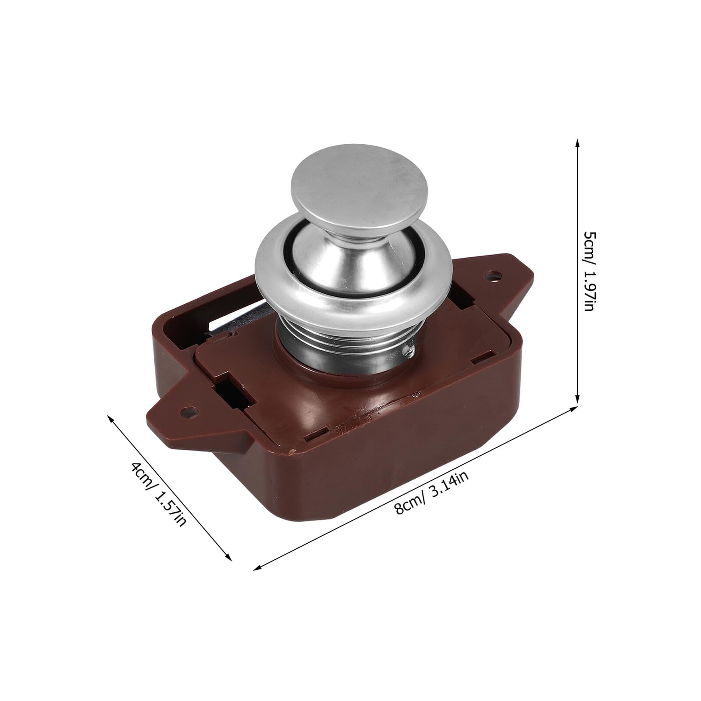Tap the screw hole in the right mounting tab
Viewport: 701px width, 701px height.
point(495,276)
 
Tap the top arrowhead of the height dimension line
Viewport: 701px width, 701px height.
point(577,145)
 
